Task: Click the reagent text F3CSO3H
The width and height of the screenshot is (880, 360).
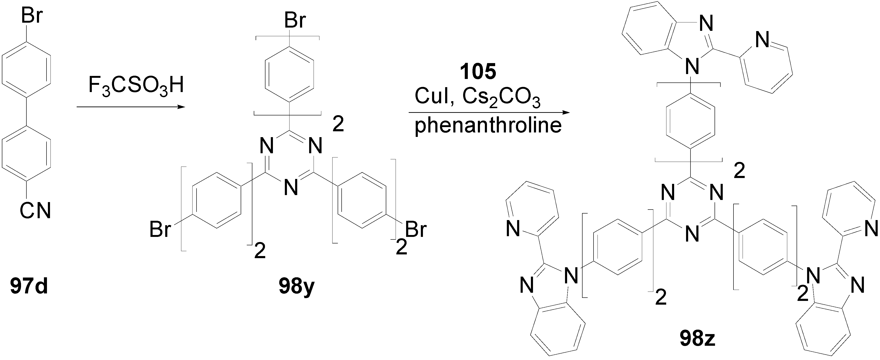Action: click(136, 86)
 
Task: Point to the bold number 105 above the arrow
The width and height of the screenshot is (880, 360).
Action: click(478, 72)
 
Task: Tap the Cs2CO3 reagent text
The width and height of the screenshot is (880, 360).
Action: click(501, 98)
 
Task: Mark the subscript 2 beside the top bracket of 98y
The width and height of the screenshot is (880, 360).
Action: click(338, 125)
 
